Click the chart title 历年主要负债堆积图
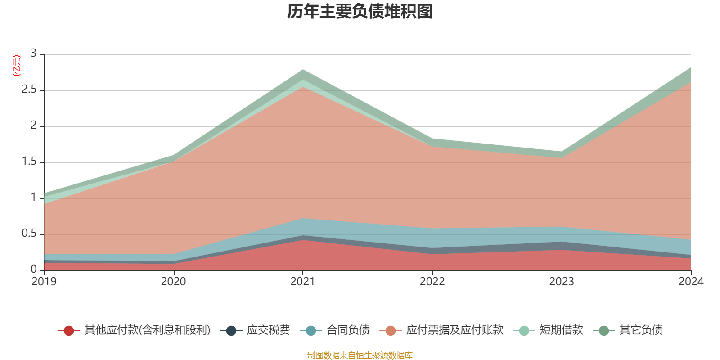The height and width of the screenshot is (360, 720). (360, 12)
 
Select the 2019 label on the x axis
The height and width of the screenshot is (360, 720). (44, 282)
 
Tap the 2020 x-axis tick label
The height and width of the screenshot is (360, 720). (173, 282)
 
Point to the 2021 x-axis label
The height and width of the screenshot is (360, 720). (303, 282)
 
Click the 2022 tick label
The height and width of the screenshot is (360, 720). (432, 282)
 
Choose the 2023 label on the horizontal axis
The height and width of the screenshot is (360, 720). (562, 282)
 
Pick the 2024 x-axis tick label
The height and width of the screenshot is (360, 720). (691, 282)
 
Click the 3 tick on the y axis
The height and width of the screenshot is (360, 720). (34, 54)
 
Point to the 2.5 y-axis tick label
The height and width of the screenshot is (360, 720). (29, 90)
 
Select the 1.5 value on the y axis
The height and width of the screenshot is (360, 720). (29, 162)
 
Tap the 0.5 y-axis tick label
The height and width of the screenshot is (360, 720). (29, 234)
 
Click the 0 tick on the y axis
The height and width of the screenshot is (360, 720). (34, 270)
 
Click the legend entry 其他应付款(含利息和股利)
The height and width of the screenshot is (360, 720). (147, 330)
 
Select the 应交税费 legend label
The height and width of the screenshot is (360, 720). (268, 330)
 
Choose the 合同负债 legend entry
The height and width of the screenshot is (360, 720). (348, 330)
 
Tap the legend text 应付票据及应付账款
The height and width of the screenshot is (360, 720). (454, 330)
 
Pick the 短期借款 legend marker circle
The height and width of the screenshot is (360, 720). (524, 331)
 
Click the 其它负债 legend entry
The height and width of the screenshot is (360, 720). (641, 330)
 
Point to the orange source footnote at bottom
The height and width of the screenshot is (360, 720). (360, 355)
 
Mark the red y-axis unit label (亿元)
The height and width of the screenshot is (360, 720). (16, 66)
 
